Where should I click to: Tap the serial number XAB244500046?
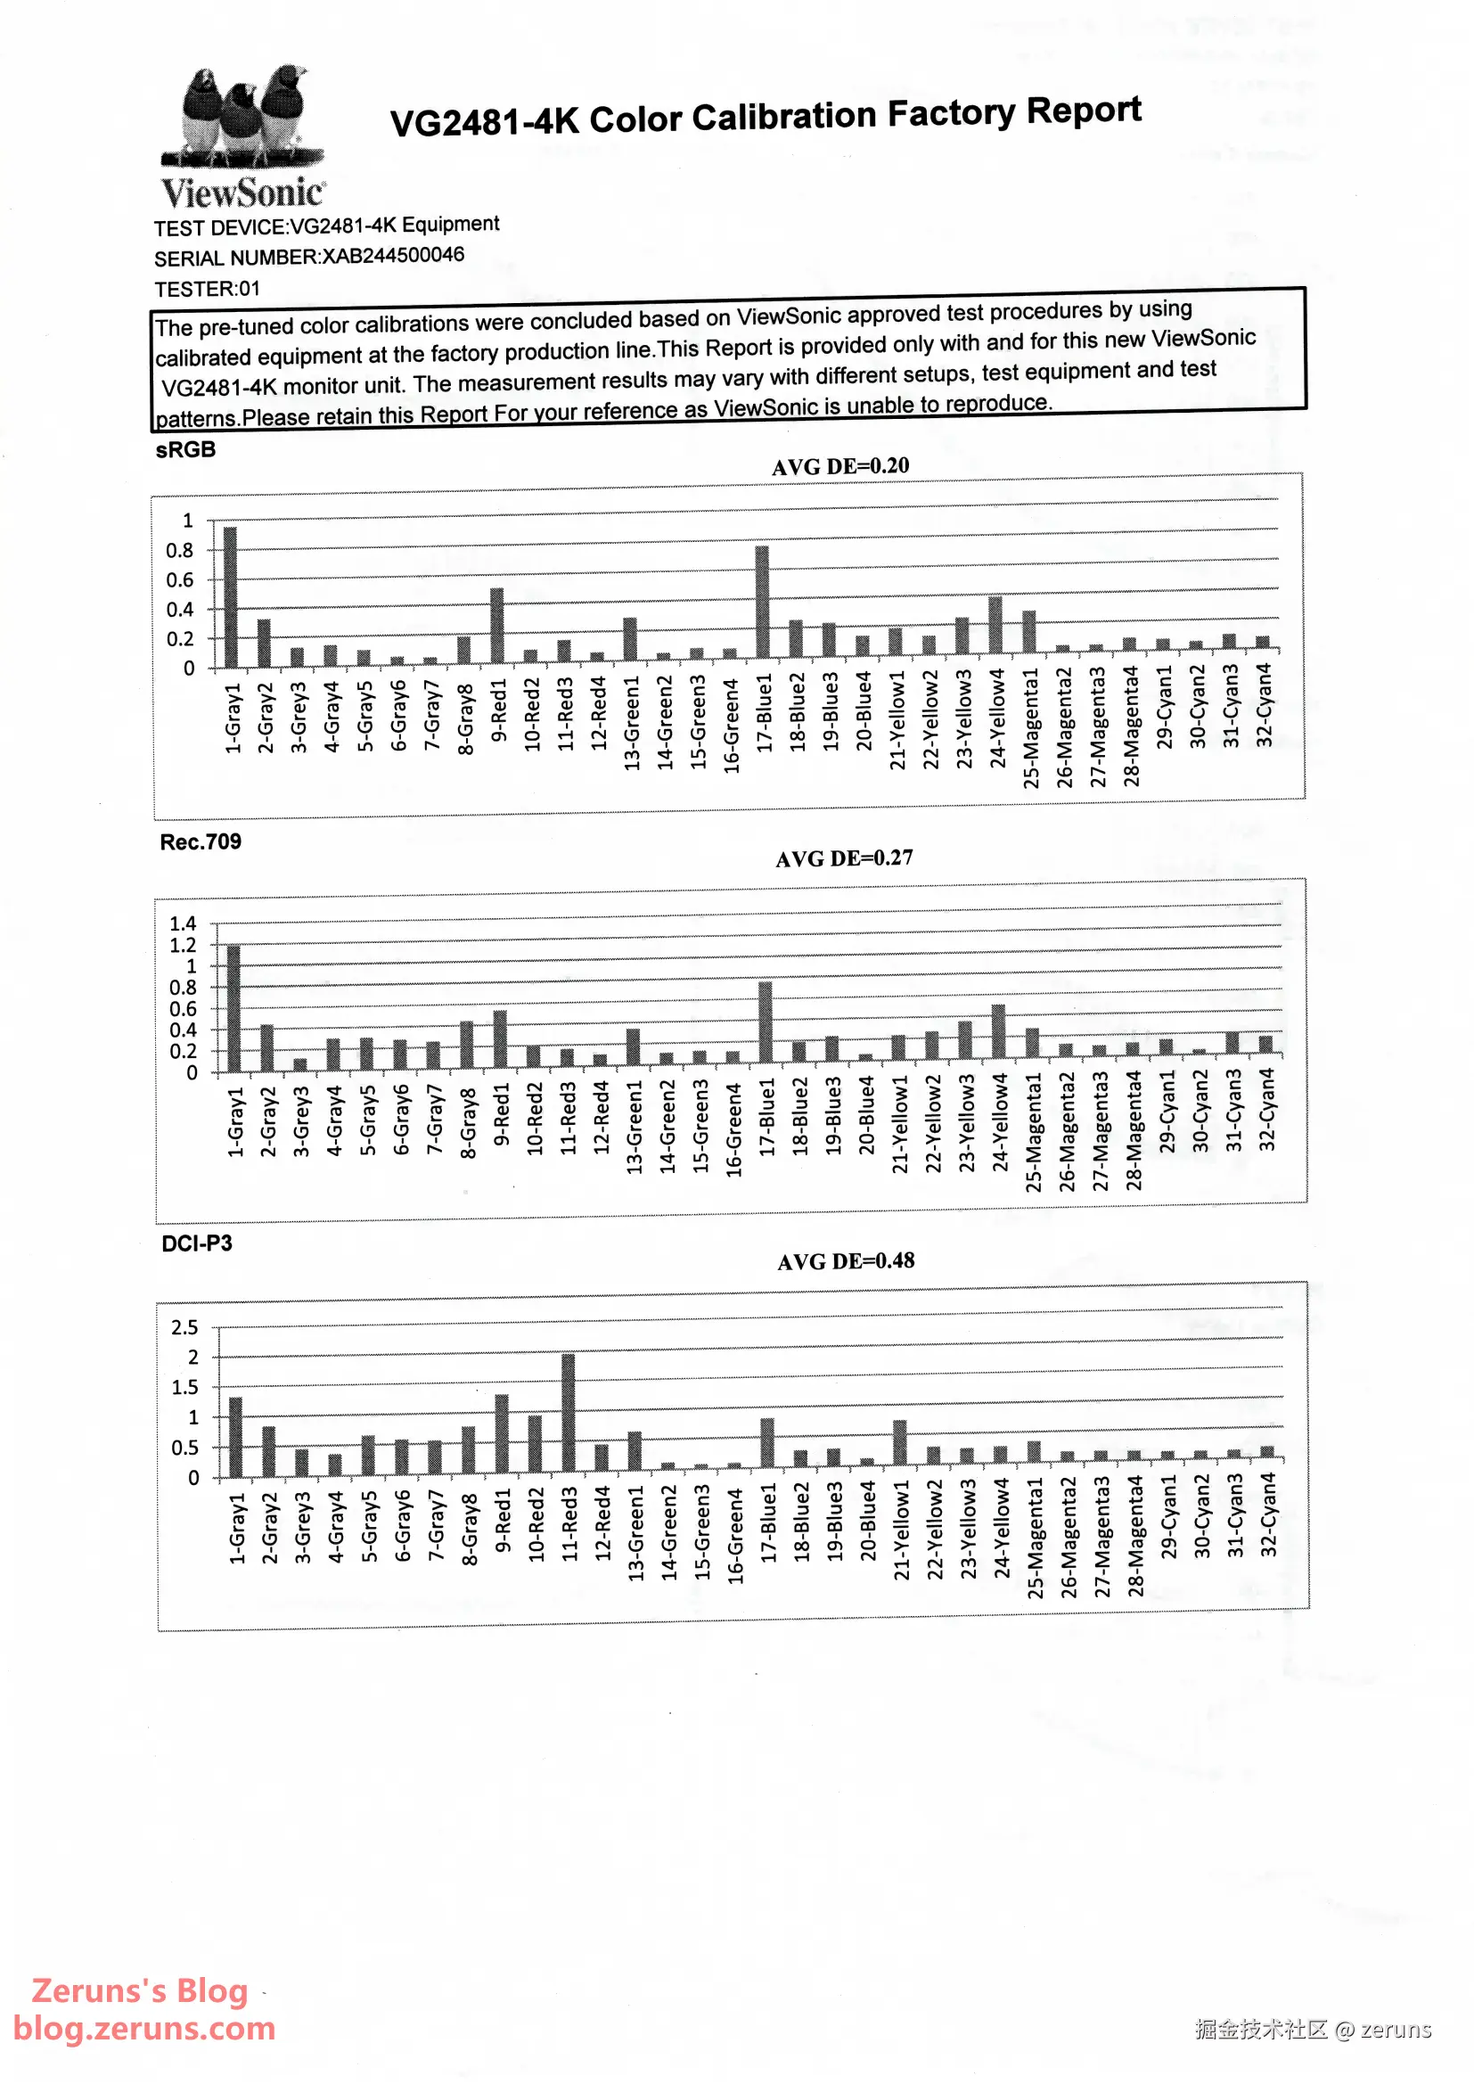tap(393, 255)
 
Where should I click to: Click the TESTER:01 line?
tap(207, 289)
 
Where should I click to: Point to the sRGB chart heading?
tap(185, 449)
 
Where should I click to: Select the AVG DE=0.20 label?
tap(839, 465)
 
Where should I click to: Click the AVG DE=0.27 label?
tap(844, 857)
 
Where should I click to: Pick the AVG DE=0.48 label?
tap(846, 1260)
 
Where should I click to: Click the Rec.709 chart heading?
tap(201, 841)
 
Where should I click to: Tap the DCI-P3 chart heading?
tap(197, 1243)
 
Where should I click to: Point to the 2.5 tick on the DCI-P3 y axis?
tap(185, 1327)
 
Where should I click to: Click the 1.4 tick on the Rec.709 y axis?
tap(183, 923)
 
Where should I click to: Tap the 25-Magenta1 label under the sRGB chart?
tap(1030, 728)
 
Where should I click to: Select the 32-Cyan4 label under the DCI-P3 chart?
tap(1268, 1514)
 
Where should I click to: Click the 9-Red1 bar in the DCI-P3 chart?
tap(502, 1434)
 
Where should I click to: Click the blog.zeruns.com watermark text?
tap(144, 2028)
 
